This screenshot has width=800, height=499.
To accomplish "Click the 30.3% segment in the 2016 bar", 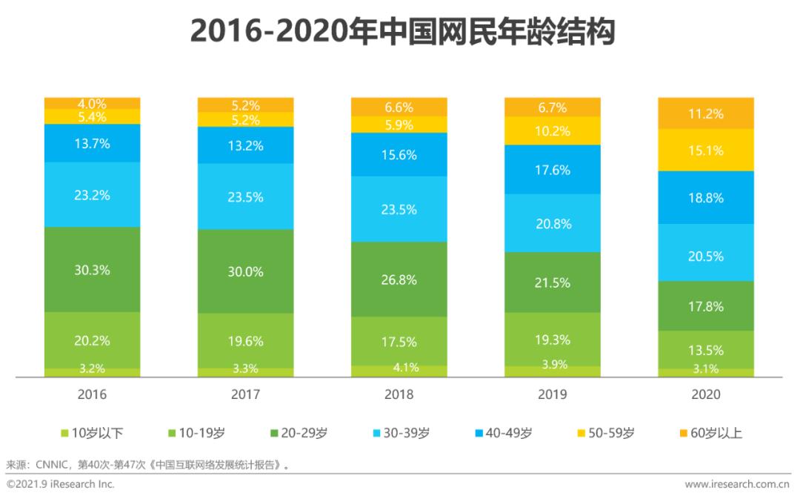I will point(92,270).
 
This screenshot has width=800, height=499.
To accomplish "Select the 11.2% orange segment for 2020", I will point(706,113).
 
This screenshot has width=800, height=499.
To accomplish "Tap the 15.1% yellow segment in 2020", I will point(706,151).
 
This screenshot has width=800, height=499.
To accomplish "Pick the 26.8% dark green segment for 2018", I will point(399,280).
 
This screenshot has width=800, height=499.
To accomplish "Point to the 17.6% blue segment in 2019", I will point(553,170).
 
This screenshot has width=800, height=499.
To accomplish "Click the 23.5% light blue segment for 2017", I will point(245,196).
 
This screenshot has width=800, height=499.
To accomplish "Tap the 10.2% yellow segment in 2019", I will point(553,131).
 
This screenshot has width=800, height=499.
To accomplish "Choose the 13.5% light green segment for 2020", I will point(706,349).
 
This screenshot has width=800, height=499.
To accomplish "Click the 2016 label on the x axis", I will point(92,395).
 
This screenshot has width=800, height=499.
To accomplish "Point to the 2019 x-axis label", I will point(553,395).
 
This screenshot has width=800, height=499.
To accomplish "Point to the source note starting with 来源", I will point(147,466).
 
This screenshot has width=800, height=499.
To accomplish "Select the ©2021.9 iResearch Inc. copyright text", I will point(61,484).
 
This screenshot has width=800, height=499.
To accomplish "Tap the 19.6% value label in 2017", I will point(245,340).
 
